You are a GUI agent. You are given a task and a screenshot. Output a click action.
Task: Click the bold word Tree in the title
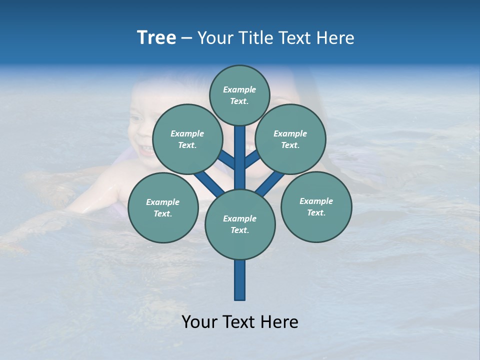(156, 38)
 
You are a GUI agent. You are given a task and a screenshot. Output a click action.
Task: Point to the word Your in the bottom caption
(200, 322)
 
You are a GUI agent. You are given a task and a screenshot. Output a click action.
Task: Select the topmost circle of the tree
(239, 95)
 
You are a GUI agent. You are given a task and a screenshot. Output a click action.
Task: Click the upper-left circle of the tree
(187, 139)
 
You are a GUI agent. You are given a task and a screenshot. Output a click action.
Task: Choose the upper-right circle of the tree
(290, 139)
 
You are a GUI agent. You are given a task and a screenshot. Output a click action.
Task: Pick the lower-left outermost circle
(163, 207)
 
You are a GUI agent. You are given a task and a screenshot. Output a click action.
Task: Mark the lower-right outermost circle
(316, 206)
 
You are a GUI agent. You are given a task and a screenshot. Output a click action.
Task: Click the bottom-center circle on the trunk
(240, 224)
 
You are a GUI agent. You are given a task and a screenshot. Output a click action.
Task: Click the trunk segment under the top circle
(240, 150)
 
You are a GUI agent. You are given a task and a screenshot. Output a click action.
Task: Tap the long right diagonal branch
(270, 183)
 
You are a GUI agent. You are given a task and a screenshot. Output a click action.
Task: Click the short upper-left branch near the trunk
(226, 160)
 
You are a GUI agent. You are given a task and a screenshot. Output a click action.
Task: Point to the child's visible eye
(135, 119)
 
